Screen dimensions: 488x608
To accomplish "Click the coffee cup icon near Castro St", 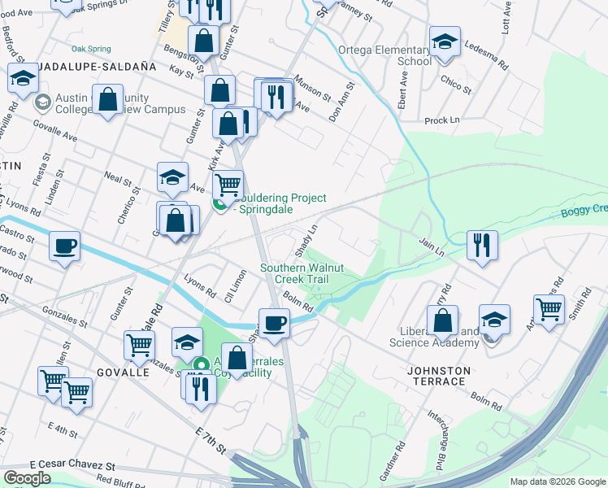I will point(64,245).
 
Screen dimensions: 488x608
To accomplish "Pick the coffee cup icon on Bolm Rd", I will point(275,322).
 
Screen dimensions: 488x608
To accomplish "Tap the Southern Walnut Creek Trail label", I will point(294,273).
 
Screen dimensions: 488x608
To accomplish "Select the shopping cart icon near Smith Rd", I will point(549,309).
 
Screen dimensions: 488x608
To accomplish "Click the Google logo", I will point(27,478).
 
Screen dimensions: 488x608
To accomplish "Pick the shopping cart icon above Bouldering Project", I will point(228,185).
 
